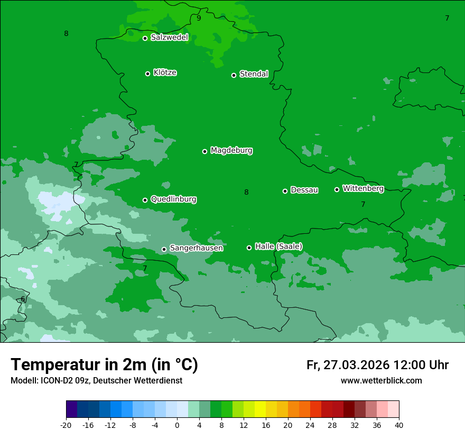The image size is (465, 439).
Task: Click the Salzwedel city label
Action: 169,38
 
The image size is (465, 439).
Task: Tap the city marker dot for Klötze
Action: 147,74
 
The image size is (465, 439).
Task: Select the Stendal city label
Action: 254,74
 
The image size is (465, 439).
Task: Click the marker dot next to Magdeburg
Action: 204,151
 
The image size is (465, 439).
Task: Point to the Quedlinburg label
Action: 173,199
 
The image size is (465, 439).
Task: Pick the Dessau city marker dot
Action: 285,191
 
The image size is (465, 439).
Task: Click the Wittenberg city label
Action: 363,188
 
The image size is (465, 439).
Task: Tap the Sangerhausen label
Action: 196,248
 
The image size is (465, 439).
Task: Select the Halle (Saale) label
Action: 278,246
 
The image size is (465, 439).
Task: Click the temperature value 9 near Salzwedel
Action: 199,18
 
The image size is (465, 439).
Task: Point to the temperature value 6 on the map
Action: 23,299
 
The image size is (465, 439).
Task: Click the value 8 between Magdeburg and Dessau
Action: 246,192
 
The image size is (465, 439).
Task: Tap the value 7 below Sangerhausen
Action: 145,268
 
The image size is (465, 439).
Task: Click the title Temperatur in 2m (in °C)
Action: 104,365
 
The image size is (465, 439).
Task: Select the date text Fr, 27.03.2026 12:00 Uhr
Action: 377,365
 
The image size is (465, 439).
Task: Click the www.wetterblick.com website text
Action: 381,380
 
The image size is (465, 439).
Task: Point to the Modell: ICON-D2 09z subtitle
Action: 96,380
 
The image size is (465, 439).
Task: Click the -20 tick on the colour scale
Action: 66,425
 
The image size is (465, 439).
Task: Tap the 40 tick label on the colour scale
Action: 398,425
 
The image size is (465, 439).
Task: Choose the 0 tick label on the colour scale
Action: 177,425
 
